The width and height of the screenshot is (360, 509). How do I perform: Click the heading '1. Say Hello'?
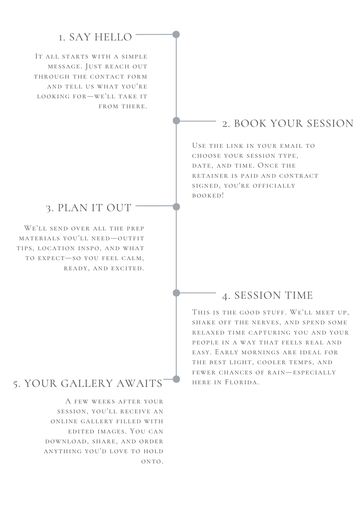click(x=95, y=37)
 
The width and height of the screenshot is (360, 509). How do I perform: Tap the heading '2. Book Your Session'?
click(x=288, y=124)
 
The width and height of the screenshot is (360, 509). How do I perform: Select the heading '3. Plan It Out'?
click(x=89, y=208)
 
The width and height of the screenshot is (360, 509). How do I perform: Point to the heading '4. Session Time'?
click(x=267, y=295)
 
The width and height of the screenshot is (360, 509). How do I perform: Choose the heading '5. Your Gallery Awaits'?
click(x=88, y=383)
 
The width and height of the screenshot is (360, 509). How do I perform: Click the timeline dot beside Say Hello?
click(x=176, y=34)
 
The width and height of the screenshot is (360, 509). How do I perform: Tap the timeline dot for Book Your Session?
click(x=176, y=121)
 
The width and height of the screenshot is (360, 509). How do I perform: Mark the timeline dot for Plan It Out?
click(x=176, y=207)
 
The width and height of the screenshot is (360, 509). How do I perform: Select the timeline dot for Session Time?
click(x=176, y=293)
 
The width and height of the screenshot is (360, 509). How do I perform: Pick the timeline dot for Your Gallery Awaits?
click(x=176, y=379)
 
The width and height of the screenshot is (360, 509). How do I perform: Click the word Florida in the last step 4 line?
click(x=242, y=382)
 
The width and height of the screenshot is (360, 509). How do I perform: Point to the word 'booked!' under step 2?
click(x=208, y=196)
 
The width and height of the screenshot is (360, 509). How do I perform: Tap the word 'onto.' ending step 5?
click(x=152, y=462)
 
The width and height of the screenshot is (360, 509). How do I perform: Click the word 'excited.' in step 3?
click(x=127, y=268)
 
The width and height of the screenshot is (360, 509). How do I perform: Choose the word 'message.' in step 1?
click(x=65, y=67)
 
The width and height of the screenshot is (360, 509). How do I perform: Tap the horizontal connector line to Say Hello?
click(x=154, y=34)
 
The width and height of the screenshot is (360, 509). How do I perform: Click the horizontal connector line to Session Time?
click(x=198, y=293)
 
